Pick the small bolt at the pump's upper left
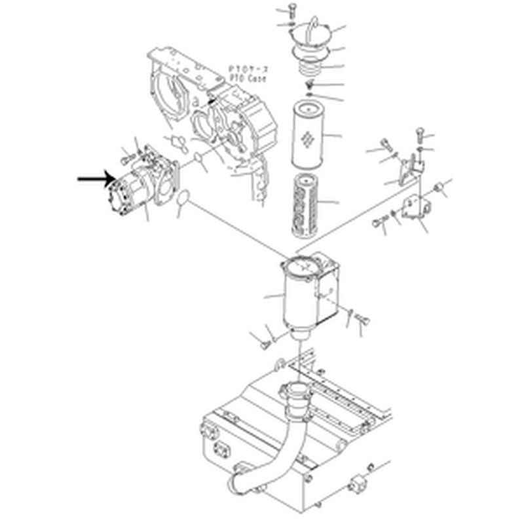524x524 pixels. tap(126, 157)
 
